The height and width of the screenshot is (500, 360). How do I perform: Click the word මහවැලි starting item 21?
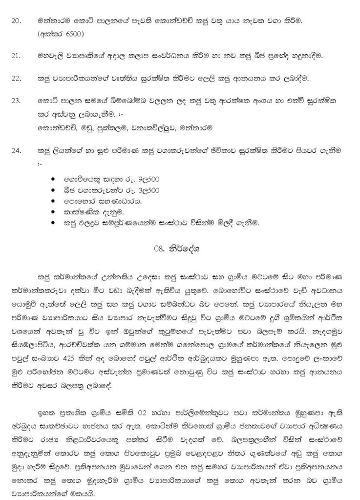click(51, 57)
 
